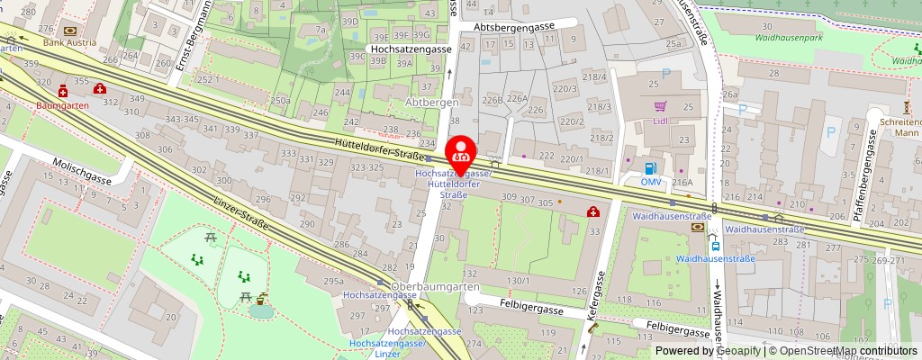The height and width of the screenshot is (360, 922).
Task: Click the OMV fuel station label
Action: point(651,182)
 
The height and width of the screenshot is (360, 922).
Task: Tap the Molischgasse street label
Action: point(81,180)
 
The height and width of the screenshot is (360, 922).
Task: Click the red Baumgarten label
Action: point(60,104)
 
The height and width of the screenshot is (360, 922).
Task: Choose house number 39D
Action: point(350,21)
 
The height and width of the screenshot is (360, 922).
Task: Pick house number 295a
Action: point(332,282)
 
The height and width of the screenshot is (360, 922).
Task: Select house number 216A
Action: point(682,182)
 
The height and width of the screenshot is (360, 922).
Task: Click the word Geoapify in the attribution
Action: point(737,351)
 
